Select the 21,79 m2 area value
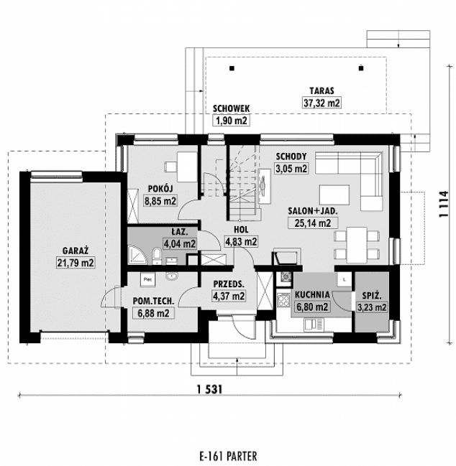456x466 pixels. (76, 263)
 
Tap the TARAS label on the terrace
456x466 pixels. (320, 92)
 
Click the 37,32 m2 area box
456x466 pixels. (321, 103)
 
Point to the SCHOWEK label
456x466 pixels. (231, 108)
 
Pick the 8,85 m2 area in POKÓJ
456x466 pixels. (160, 200)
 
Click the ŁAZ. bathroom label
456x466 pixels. (180, 232)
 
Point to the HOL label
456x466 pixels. (240, 230)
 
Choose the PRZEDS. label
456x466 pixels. (229, 283)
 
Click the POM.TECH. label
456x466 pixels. (151, 302)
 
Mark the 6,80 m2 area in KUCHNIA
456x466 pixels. (311, 307)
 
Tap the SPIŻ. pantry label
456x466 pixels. (372, 294)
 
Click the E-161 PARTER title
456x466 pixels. (228, 455)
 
